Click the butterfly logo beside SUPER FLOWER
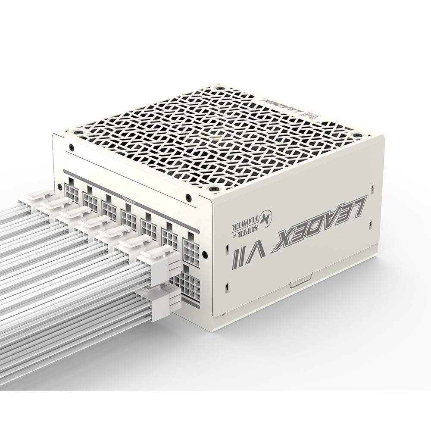pyautogui.click(x=265, y=216)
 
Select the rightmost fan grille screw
pyautogui.click(x=357, y=135)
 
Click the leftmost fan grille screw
pyautogui.click(x=78, y=132)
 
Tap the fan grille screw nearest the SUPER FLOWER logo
pyautogui.click(x=214, y=188)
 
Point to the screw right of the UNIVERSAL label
pyautogui.click(x=188, y=197)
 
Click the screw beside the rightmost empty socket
pyautogui.click(x=205, y=254)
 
